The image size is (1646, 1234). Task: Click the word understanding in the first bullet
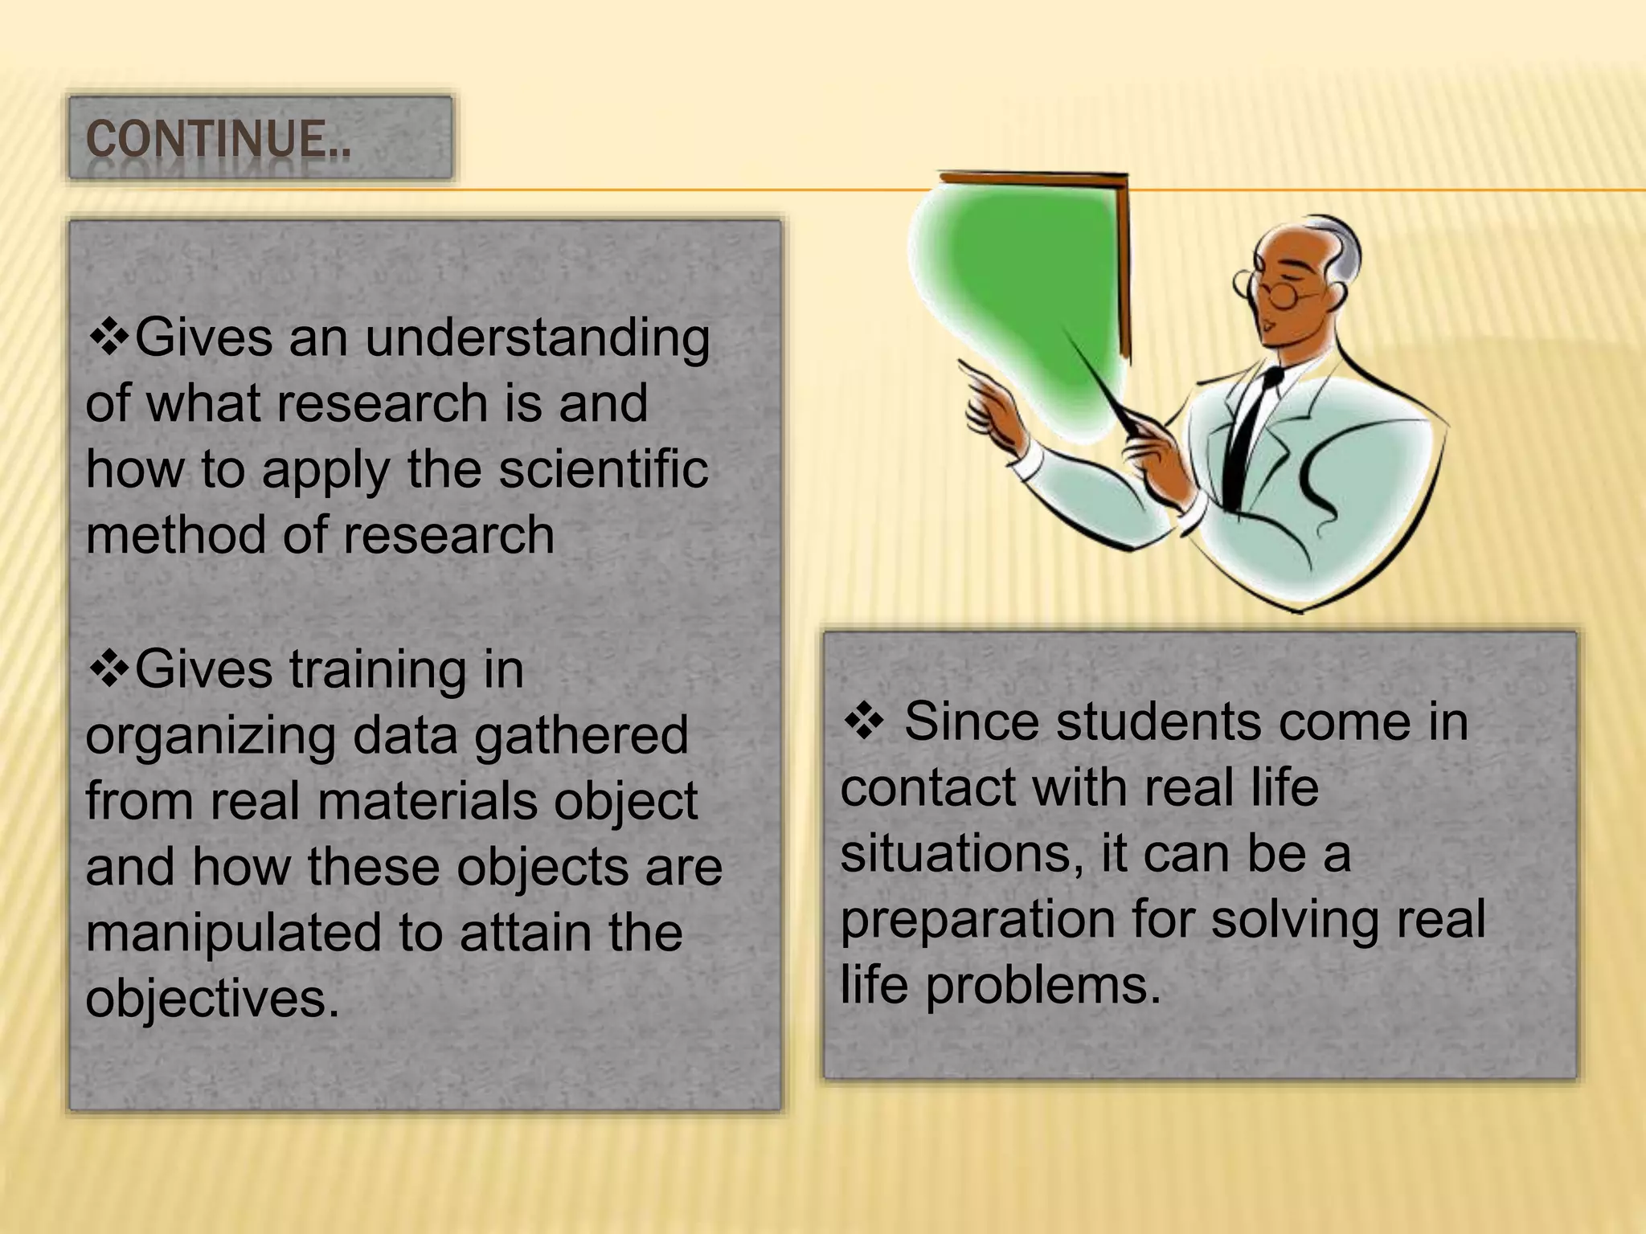point(538,338)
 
